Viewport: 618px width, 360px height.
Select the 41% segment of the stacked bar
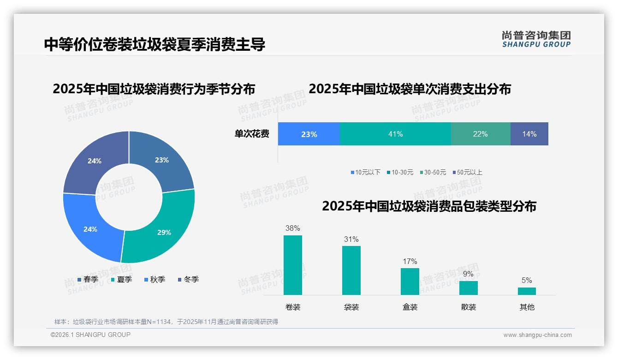pyautogui.click(x=395, y=134)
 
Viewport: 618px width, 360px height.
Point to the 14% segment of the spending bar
pyautogui.click(x=529, y=134)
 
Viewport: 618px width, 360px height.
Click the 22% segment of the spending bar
pyautogui.click(x=480, y=134)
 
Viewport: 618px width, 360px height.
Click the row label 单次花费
pyautogui.click(x=252, y=134)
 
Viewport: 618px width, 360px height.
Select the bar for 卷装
pyautogui.click(x=292, y=265)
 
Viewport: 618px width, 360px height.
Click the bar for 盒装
pyautogui.click(x=410, y=281)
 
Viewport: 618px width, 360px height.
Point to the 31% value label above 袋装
pyautogui.click(x=351, y=240)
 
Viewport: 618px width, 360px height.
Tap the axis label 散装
pyautogui.click(x=468, y=307)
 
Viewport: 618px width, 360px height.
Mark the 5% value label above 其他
pyautogui.click(x=527, y=280)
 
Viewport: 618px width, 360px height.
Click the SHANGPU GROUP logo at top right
pyautogui.click(x=536, y=39)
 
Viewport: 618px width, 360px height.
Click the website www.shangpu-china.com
pyautogui.click(x=537, y=335)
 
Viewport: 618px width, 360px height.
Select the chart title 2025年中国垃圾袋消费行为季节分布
pyautogui.click(x=154, y=89)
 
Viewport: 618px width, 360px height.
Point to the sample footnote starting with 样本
pyautogui.click(x=166, y=322)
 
